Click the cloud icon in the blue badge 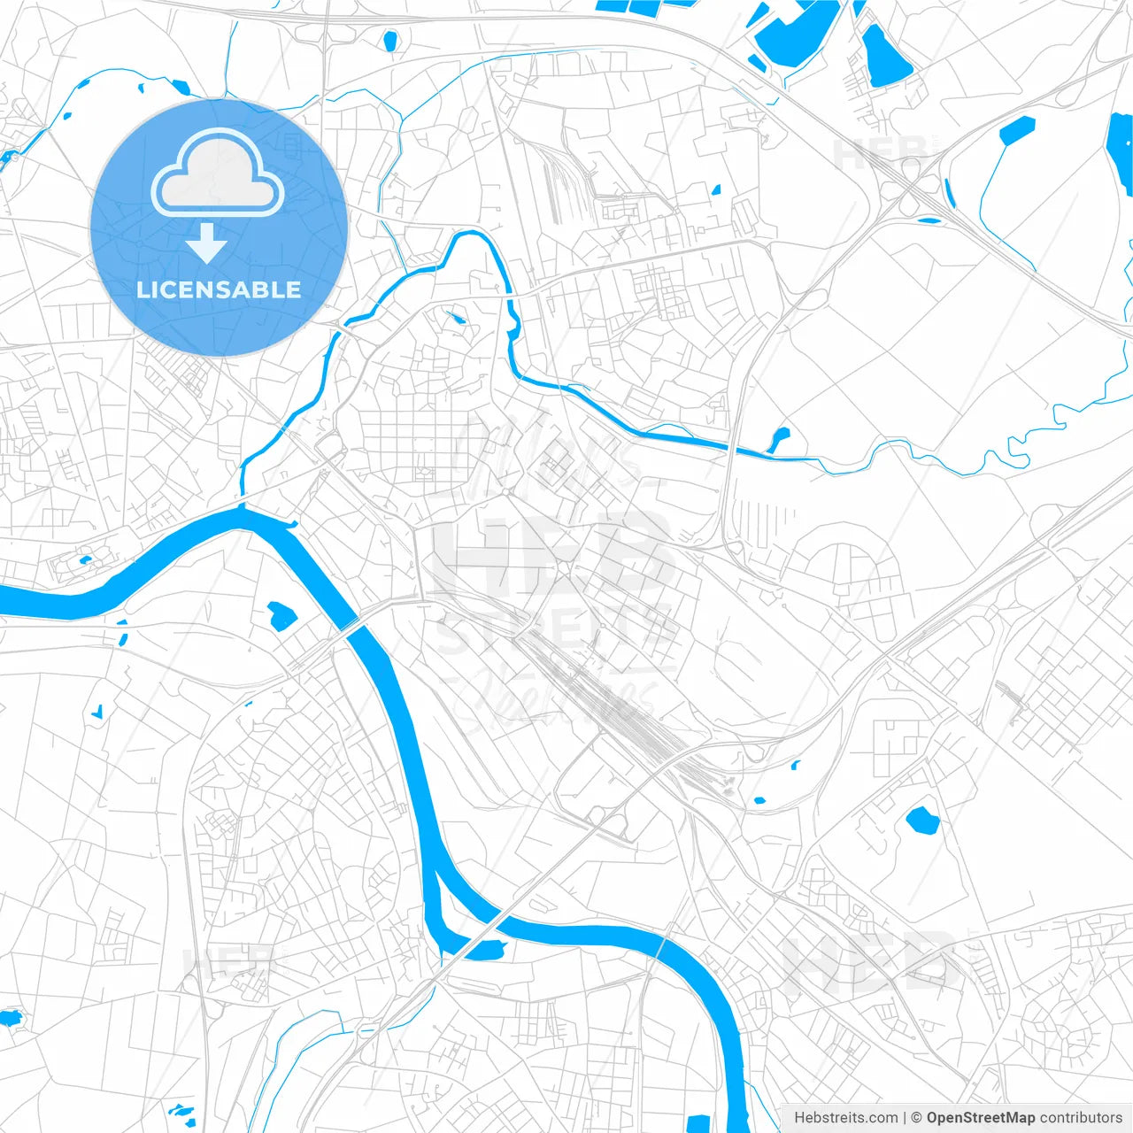pyautogui.click(x=218, y=173)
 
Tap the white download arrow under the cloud pyautogui.click(x=207, y=243)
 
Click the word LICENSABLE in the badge pyautogui.click(x=219, y=289)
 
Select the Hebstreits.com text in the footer pyautogui.click(x=845, y=1118)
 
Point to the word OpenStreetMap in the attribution pyautogui.click(x=980, y=1118)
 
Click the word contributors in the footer pyautogui.click(x=1081, y=1118)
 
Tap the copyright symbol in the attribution pyautogui.click(x=917, y=1118)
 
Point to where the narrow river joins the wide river pyautogui.click(x=242, y=505)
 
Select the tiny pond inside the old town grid pyautogui.click(x=458, y=318)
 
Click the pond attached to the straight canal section pyautogui.click(x=779, y=437)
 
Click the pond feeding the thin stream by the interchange pyautogui.click(x=1016, y=129)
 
